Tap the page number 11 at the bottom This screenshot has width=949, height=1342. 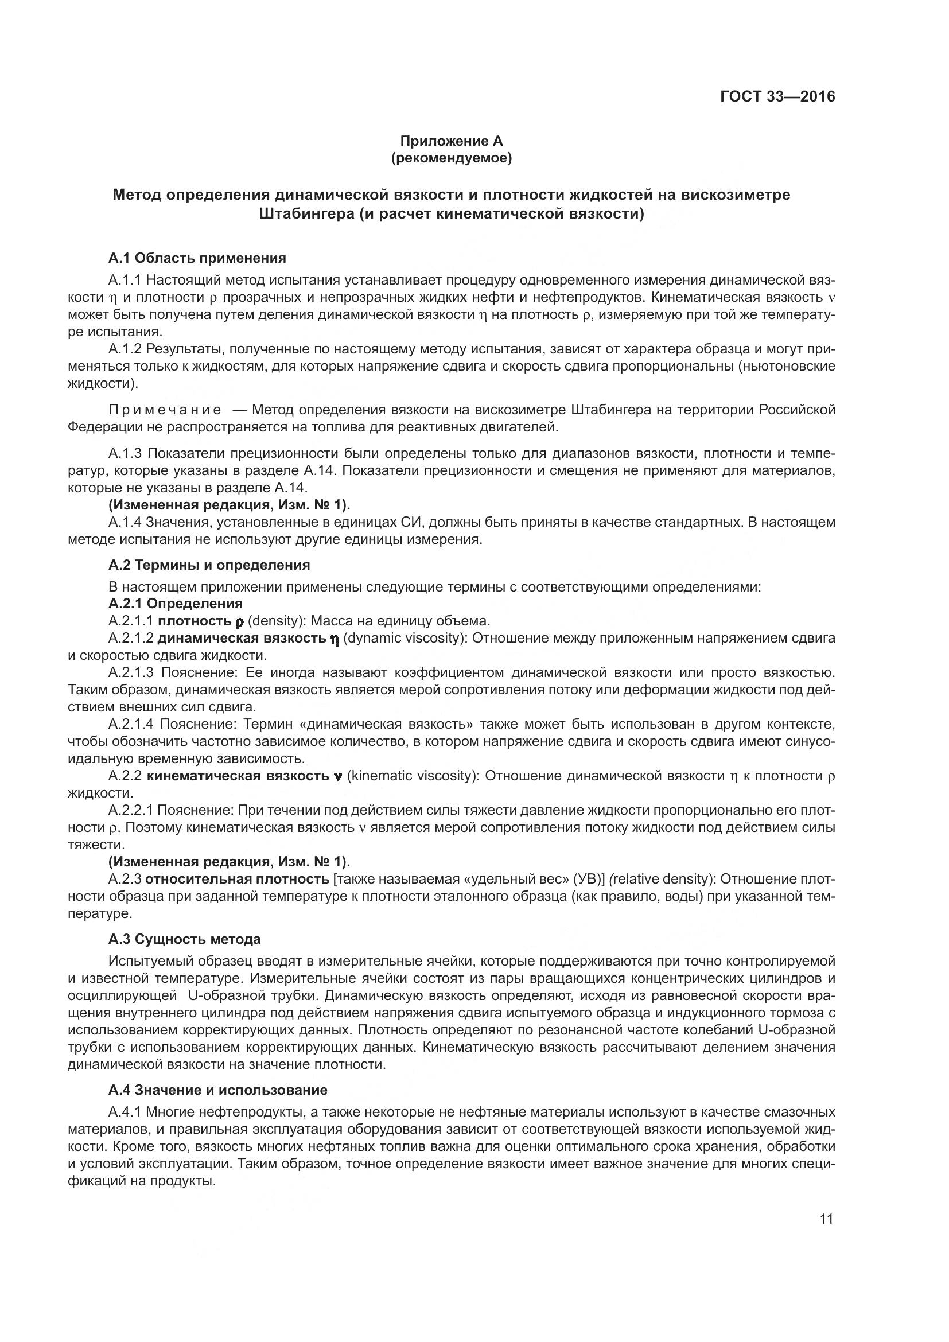[826, 1219]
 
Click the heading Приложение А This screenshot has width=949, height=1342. [450, 141]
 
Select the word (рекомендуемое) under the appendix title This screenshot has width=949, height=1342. [450, 158]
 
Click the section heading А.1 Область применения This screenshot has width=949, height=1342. [197, 258]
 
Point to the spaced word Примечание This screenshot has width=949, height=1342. [165, 409]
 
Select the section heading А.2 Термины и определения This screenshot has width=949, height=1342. [209, 565]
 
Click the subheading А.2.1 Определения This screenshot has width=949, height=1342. [176, 602]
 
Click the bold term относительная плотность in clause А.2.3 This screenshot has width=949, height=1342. [238, 879]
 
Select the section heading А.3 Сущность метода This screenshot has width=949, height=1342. [184, 939]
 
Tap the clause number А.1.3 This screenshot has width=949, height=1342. [125, 453]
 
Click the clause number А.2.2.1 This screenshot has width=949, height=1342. [130, 810]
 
